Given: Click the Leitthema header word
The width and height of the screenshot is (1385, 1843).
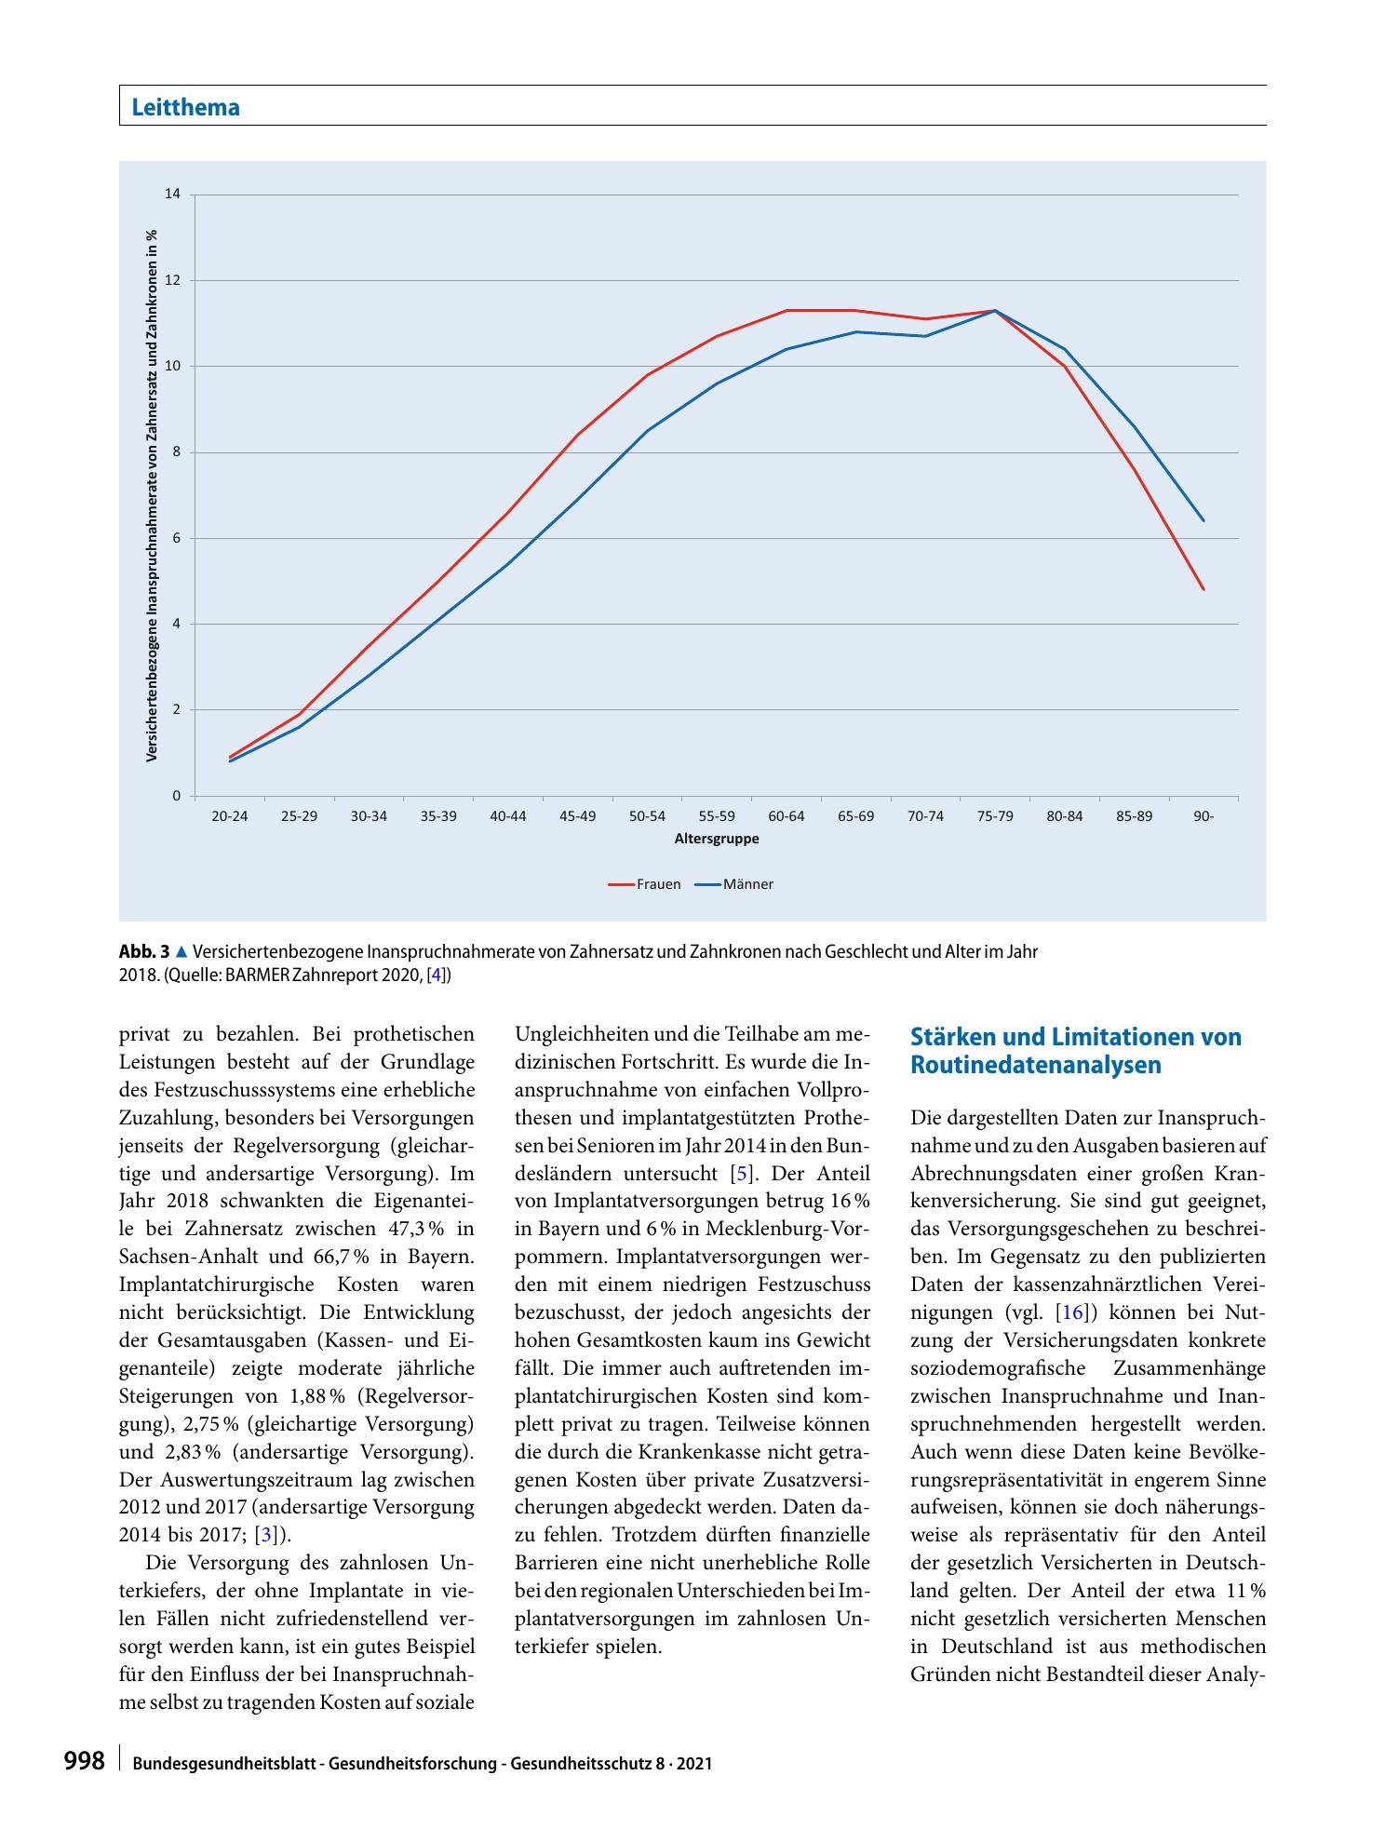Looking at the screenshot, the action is (x=186, y=107).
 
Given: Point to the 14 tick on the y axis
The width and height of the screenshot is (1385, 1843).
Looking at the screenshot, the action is (x=172, y=195).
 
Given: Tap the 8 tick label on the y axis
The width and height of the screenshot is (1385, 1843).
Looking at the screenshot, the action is (x=176, y=452).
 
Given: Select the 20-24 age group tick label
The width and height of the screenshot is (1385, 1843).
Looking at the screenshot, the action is (x=230, y=816).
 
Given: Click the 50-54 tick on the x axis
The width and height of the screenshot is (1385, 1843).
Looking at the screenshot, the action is (x=647, y=816).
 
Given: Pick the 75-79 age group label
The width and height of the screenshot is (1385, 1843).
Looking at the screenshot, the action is (x=995, y=816).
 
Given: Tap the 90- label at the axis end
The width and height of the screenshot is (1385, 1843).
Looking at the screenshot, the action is (x=1203, y=816).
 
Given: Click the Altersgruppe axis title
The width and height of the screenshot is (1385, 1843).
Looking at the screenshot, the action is (x=717, y=839).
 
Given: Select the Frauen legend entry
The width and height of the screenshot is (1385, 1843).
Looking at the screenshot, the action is (x=644, y=884).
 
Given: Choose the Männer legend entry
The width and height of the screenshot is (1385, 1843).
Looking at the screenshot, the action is (x=733, y=884).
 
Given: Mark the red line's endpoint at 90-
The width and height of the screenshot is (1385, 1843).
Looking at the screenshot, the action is (x=1203, y=589).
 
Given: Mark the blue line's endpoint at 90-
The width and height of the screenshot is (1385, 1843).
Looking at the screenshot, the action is (x=1203, y=520).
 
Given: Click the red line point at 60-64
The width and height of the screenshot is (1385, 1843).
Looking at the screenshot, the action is (x=787, y=310).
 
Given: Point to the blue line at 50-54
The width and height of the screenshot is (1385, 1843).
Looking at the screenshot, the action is (x=647, y=430).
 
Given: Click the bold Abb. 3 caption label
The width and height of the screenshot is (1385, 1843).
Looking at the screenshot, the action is (x=144, y=952).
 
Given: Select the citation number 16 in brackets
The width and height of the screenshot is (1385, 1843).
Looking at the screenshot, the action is (x=1072, y=1313).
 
